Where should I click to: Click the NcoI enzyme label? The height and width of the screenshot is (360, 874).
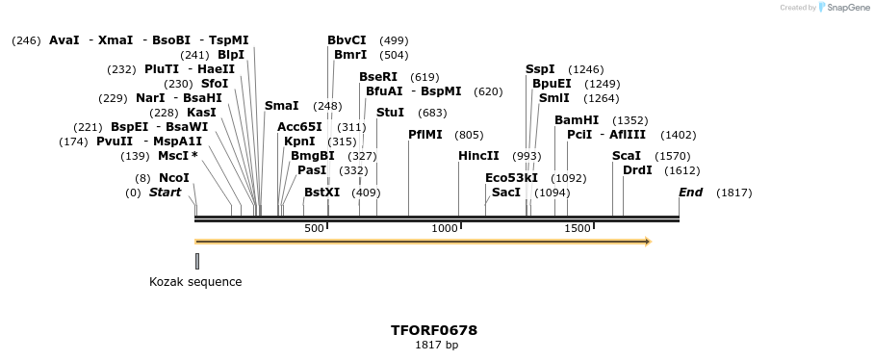click(x=173, y=177)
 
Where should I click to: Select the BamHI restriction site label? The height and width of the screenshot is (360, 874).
click(x=577, y=120)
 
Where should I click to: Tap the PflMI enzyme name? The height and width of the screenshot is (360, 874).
click(x=425, y=135)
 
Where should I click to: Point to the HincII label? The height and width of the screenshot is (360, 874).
click(x=478, y=156)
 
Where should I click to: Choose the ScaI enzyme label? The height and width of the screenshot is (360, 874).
click(x=627, y=156)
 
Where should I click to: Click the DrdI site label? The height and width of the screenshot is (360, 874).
click(x=637, y=170)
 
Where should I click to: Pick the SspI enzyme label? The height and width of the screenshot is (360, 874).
click(x=540, y=69)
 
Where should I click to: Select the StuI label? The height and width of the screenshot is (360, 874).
click(x=390, y=113)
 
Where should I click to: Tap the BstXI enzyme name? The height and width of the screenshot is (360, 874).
click(x=321, y=193)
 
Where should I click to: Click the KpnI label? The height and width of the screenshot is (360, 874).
click(x=299, y=141)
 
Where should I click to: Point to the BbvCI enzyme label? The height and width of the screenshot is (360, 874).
click(x=347, y=40)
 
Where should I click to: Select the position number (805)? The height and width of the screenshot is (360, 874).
click(x=469, y=135)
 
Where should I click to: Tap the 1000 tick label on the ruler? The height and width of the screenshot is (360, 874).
click(x=445, y=228)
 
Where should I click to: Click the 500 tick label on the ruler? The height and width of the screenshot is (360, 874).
click(x=314, y=228)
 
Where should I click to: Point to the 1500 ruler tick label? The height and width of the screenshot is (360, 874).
click(x=578, y=228)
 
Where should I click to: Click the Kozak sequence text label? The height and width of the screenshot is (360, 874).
click(x=195, y=282)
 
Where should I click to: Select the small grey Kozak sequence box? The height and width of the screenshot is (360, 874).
click(x=197, y=261)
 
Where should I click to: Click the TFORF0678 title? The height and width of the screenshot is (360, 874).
click(x=434, y=330)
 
